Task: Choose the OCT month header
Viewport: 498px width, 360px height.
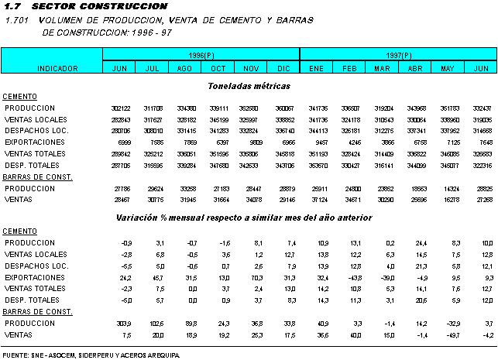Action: point(218,69)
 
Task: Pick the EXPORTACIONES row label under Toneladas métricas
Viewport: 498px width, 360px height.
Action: point(36,142)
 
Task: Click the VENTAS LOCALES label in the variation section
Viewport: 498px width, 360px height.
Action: point(36,254)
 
